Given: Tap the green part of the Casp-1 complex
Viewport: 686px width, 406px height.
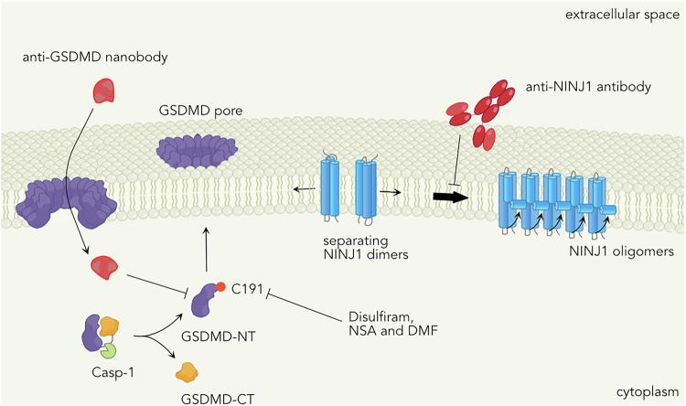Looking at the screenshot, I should tap(111, 348).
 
